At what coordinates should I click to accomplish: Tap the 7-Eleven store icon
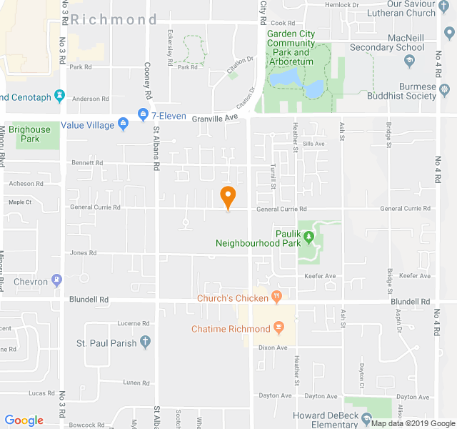click(143, 114)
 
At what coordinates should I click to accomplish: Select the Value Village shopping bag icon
click(124, 124)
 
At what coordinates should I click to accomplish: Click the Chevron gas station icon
click(57, 280)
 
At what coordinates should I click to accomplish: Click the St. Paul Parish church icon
click(146, 342)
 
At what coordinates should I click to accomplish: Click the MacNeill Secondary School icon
click(410, 60)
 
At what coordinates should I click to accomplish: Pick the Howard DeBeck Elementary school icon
click(366, 418)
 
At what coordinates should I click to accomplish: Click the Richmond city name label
click(114, 19)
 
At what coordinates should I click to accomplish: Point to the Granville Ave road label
click(219, 117)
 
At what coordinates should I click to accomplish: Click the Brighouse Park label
click(30, 134)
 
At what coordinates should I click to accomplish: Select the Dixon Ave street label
click(272, 347)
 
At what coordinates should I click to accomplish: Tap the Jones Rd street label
click(84, 253)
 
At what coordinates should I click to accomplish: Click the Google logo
click(24, 420)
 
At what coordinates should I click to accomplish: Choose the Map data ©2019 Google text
click(412, 423)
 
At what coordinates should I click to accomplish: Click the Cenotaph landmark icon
click(59, 95)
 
